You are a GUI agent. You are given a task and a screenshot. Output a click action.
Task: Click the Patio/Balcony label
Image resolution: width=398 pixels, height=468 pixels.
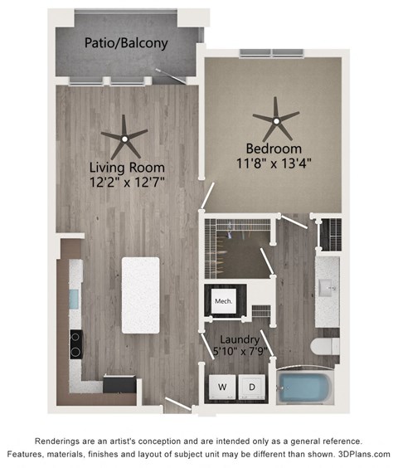[126, 43]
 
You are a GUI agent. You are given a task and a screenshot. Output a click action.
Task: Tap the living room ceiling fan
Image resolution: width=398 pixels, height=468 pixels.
[124, 139]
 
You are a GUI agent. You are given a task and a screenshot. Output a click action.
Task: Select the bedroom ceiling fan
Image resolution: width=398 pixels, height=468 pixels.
[276, 120]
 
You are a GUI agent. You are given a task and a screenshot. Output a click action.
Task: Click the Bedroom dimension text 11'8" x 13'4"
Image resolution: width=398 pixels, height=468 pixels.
[274, 163]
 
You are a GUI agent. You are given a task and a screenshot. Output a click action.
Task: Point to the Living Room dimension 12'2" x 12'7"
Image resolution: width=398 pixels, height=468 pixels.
[127, 182]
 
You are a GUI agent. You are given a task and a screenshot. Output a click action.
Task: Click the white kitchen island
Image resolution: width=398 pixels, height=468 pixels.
[140, 295]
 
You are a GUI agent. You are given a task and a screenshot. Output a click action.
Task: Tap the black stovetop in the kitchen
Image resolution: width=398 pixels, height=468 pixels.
[76, 344]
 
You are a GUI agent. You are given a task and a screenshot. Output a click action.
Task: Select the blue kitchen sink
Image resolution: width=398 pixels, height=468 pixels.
[74, 299]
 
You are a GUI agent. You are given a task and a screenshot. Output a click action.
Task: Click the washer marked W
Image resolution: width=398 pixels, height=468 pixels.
[222, 388]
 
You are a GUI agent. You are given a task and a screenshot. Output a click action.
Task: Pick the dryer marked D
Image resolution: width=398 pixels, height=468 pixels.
[252, 388]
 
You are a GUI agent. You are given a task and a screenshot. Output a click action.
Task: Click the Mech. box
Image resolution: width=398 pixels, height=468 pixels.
[224, 301]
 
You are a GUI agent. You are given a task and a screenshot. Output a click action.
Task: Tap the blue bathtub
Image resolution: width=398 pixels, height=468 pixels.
[304, 388]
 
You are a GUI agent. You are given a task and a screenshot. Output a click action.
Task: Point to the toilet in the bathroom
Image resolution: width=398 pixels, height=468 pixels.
[325, 346]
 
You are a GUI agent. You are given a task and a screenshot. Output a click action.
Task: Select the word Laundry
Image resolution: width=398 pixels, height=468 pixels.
[240, 339]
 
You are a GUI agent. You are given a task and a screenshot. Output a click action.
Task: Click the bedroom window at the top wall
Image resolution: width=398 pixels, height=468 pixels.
[272, 53]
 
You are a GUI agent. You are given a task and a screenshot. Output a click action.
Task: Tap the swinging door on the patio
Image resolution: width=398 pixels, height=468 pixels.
[171, 76]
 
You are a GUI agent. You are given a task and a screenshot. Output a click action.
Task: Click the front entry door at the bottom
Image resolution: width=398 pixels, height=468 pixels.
[178, 403]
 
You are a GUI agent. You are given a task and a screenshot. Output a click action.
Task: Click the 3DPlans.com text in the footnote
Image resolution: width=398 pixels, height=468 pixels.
[364, 454]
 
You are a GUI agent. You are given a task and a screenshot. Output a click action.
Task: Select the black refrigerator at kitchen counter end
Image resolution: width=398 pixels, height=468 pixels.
[120, 385]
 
